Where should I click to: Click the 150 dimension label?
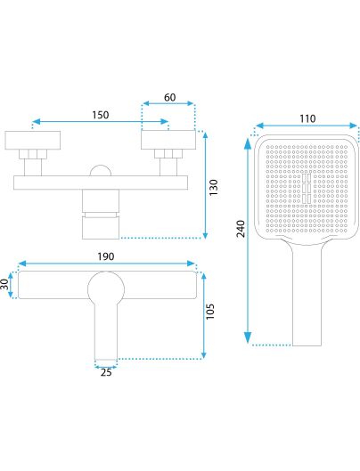pos(101,115)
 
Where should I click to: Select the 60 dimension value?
pos(169,97)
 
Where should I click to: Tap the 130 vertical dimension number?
pos(213,188)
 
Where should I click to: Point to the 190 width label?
pos(106,256)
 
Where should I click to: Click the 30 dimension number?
pos(4,284)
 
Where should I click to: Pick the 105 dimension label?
pos(210,312)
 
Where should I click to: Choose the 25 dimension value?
pos(106,372)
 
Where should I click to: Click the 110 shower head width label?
pos(307,118)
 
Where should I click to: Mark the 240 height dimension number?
pos(241,229)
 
